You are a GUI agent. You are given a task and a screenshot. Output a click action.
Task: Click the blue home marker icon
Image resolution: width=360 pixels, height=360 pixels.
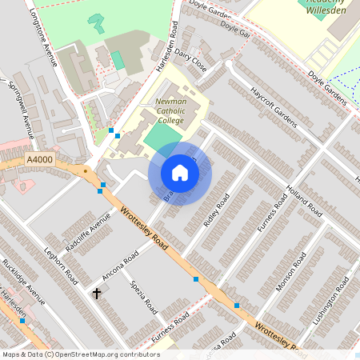[180, 173]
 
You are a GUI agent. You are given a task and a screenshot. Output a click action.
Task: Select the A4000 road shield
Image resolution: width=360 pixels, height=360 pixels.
[39, 160]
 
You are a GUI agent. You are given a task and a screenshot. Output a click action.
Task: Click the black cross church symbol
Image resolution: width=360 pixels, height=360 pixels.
[98, 294]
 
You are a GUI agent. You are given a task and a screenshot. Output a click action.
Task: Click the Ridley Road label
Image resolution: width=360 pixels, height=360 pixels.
[216, 210]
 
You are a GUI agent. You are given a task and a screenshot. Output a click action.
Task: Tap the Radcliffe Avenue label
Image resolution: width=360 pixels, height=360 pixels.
[88, 234]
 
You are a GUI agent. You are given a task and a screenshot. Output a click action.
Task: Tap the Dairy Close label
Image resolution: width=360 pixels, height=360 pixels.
[192, 62]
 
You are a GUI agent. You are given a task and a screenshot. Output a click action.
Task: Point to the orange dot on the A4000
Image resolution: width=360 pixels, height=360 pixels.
[85, 170]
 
